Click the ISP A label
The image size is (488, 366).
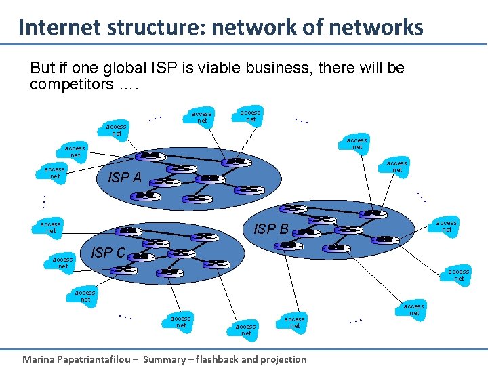click(125, 178)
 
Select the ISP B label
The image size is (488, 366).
click(271, 229)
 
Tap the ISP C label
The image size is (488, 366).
click(108, 253)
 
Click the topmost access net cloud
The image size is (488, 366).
click(251, 116)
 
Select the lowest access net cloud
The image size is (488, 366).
click(246, 329)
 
